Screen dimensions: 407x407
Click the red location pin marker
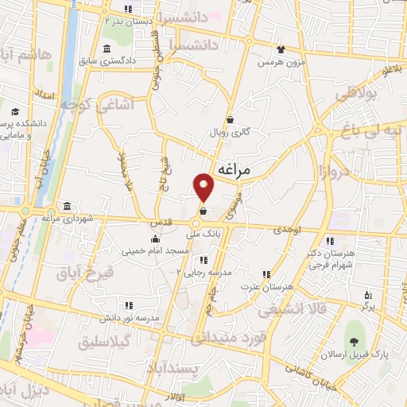pos(204,187)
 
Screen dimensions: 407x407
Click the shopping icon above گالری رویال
pos(230,120)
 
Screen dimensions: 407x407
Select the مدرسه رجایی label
pos(209,272)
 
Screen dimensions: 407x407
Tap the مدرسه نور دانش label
pos(130,316)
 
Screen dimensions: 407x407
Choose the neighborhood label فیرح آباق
pos(85,273)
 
